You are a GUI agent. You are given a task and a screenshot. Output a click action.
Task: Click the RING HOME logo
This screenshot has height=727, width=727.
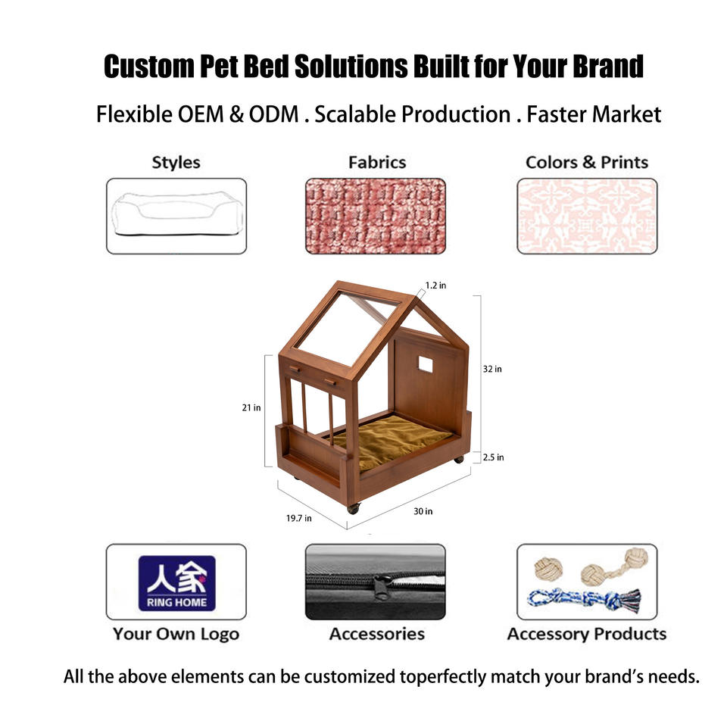coord(176,583)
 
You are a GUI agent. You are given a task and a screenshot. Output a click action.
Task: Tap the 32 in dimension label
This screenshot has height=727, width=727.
coord(492,369)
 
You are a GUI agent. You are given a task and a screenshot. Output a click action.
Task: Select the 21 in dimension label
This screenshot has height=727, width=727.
coord(251,407)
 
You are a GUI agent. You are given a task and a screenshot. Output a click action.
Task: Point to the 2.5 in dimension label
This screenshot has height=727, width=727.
coord(493,457)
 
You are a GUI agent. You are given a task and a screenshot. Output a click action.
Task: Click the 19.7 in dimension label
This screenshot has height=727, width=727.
coord(298,518)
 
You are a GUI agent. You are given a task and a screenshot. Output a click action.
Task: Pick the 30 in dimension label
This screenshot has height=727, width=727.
coord(423,511)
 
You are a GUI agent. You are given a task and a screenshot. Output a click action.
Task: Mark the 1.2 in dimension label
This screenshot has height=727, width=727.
coord(436,285)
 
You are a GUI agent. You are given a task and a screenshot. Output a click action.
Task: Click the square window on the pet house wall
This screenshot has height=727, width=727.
coord(426,365)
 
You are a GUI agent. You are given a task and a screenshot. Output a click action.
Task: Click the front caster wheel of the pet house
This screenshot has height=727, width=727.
coord(354,509)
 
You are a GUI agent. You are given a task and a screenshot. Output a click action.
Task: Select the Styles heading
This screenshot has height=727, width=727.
coord(176,163)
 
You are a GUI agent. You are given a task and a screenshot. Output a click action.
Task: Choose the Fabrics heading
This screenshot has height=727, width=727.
coord(377,162)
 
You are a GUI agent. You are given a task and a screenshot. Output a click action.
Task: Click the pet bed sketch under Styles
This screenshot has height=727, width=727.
coord(176,214)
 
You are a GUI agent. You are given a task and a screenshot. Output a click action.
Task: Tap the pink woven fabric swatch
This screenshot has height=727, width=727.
coord(376,216)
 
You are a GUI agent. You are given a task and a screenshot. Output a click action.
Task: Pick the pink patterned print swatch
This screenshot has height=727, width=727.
coord(587,216)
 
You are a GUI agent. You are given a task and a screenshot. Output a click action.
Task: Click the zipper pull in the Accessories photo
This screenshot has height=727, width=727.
coord(382,588)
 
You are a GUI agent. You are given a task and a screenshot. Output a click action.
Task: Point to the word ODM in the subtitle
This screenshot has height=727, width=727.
coord(274,114)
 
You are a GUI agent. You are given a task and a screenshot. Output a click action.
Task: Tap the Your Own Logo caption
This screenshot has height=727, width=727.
coord(176,635)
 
